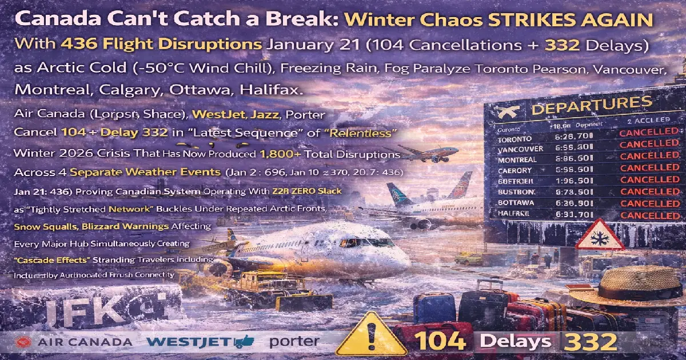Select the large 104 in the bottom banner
click(440, 341)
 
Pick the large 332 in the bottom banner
click(591, 341)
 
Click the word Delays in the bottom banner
click(515, 341)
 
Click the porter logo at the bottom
click(294, 342)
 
